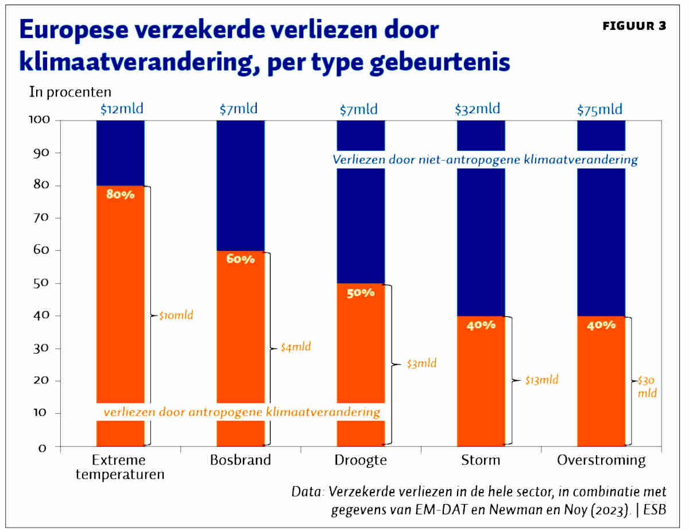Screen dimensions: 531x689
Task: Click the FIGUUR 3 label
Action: click(x=634, y=27)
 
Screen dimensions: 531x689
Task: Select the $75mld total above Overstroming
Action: click(x=599, y=110)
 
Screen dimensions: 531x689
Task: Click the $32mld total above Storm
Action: click(x=477, y=108)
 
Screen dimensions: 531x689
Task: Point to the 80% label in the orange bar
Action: click(x=120, y=195)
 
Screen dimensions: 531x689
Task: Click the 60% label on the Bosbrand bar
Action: click(x=240, y=259)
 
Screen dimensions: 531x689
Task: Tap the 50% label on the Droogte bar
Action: click(x=361, y=292)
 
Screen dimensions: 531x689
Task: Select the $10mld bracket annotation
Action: click(x=176, y=315)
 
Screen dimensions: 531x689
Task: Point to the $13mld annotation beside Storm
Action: click(x=541, y=379)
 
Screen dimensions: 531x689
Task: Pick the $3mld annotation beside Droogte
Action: click(x=421, y=363)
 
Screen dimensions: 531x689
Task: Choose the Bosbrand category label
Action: click(x=240, y=460)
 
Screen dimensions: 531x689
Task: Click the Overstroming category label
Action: click(x=601, y=460)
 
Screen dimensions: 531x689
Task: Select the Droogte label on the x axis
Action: click(x=361, y=460)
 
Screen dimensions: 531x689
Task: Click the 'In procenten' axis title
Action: click(x=70, y=92)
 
